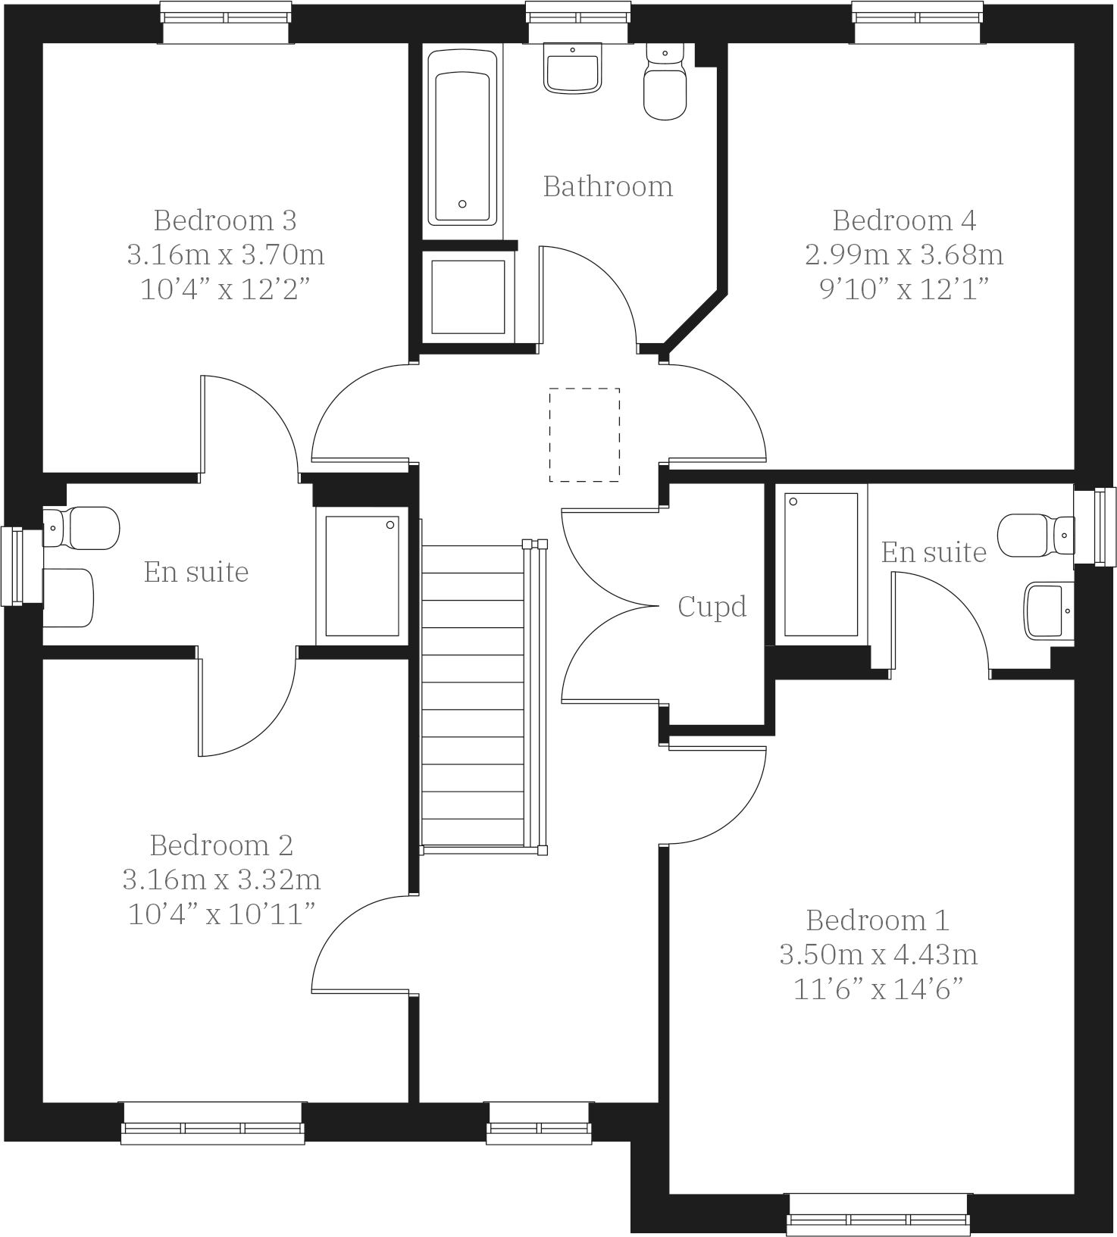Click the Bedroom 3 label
point(225,220)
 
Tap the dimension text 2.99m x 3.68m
point(904,255)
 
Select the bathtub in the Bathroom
point(462,138)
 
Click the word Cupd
point(712,607)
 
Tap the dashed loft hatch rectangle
point(584,435)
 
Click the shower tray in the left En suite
point(362,576)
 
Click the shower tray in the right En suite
point(821,564)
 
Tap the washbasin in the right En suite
point(1049,611)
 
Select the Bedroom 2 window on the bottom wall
point(213,1123)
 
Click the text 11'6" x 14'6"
point(878,990)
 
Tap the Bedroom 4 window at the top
point(918,22)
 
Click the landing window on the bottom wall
point(539,1123)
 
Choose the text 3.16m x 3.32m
point(221,880)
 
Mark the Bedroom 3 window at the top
point(226,22)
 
